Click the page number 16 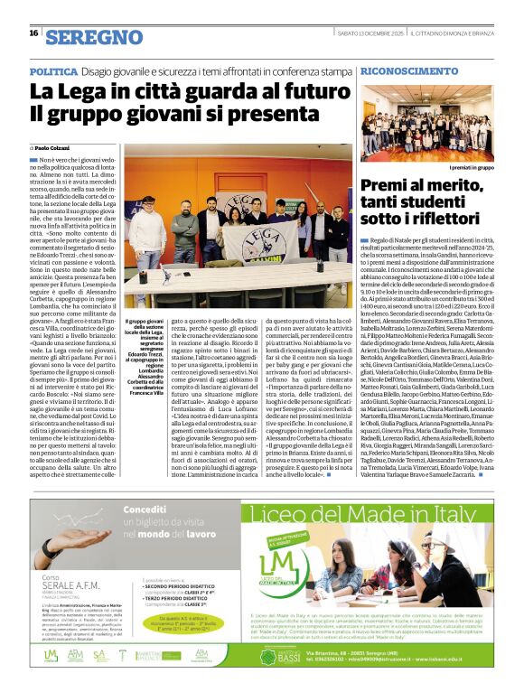pos(33,34)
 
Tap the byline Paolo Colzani pos(52,146)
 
